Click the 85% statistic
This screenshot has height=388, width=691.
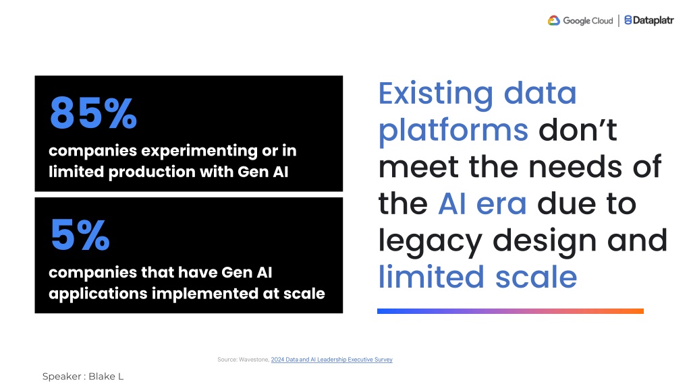pyautogui.click(x=93, y=113)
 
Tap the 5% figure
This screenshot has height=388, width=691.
pyautogui.click(x=80, y=235)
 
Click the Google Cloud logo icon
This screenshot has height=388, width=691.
pyautogui.click(x=553, y=20)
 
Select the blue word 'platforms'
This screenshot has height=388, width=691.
pyautogui.click(x=453, y=131)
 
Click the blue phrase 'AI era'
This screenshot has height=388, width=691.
pyautogui.click(x=482, y=203)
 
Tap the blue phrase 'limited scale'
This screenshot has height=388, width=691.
pyautogui.click(x=478, y=277)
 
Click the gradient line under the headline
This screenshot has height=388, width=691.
pyautogui.click(x=510, y=311)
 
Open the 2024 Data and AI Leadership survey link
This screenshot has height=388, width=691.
pyautogui.click(x=331, y=360)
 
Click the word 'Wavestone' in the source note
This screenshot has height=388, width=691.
pyautogui.click(x=254, y=360)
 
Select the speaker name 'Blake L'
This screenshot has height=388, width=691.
pyautogui.click(x=106, y=377)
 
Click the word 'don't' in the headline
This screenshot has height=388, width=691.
pyautogui.click(x=578, y=130)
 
